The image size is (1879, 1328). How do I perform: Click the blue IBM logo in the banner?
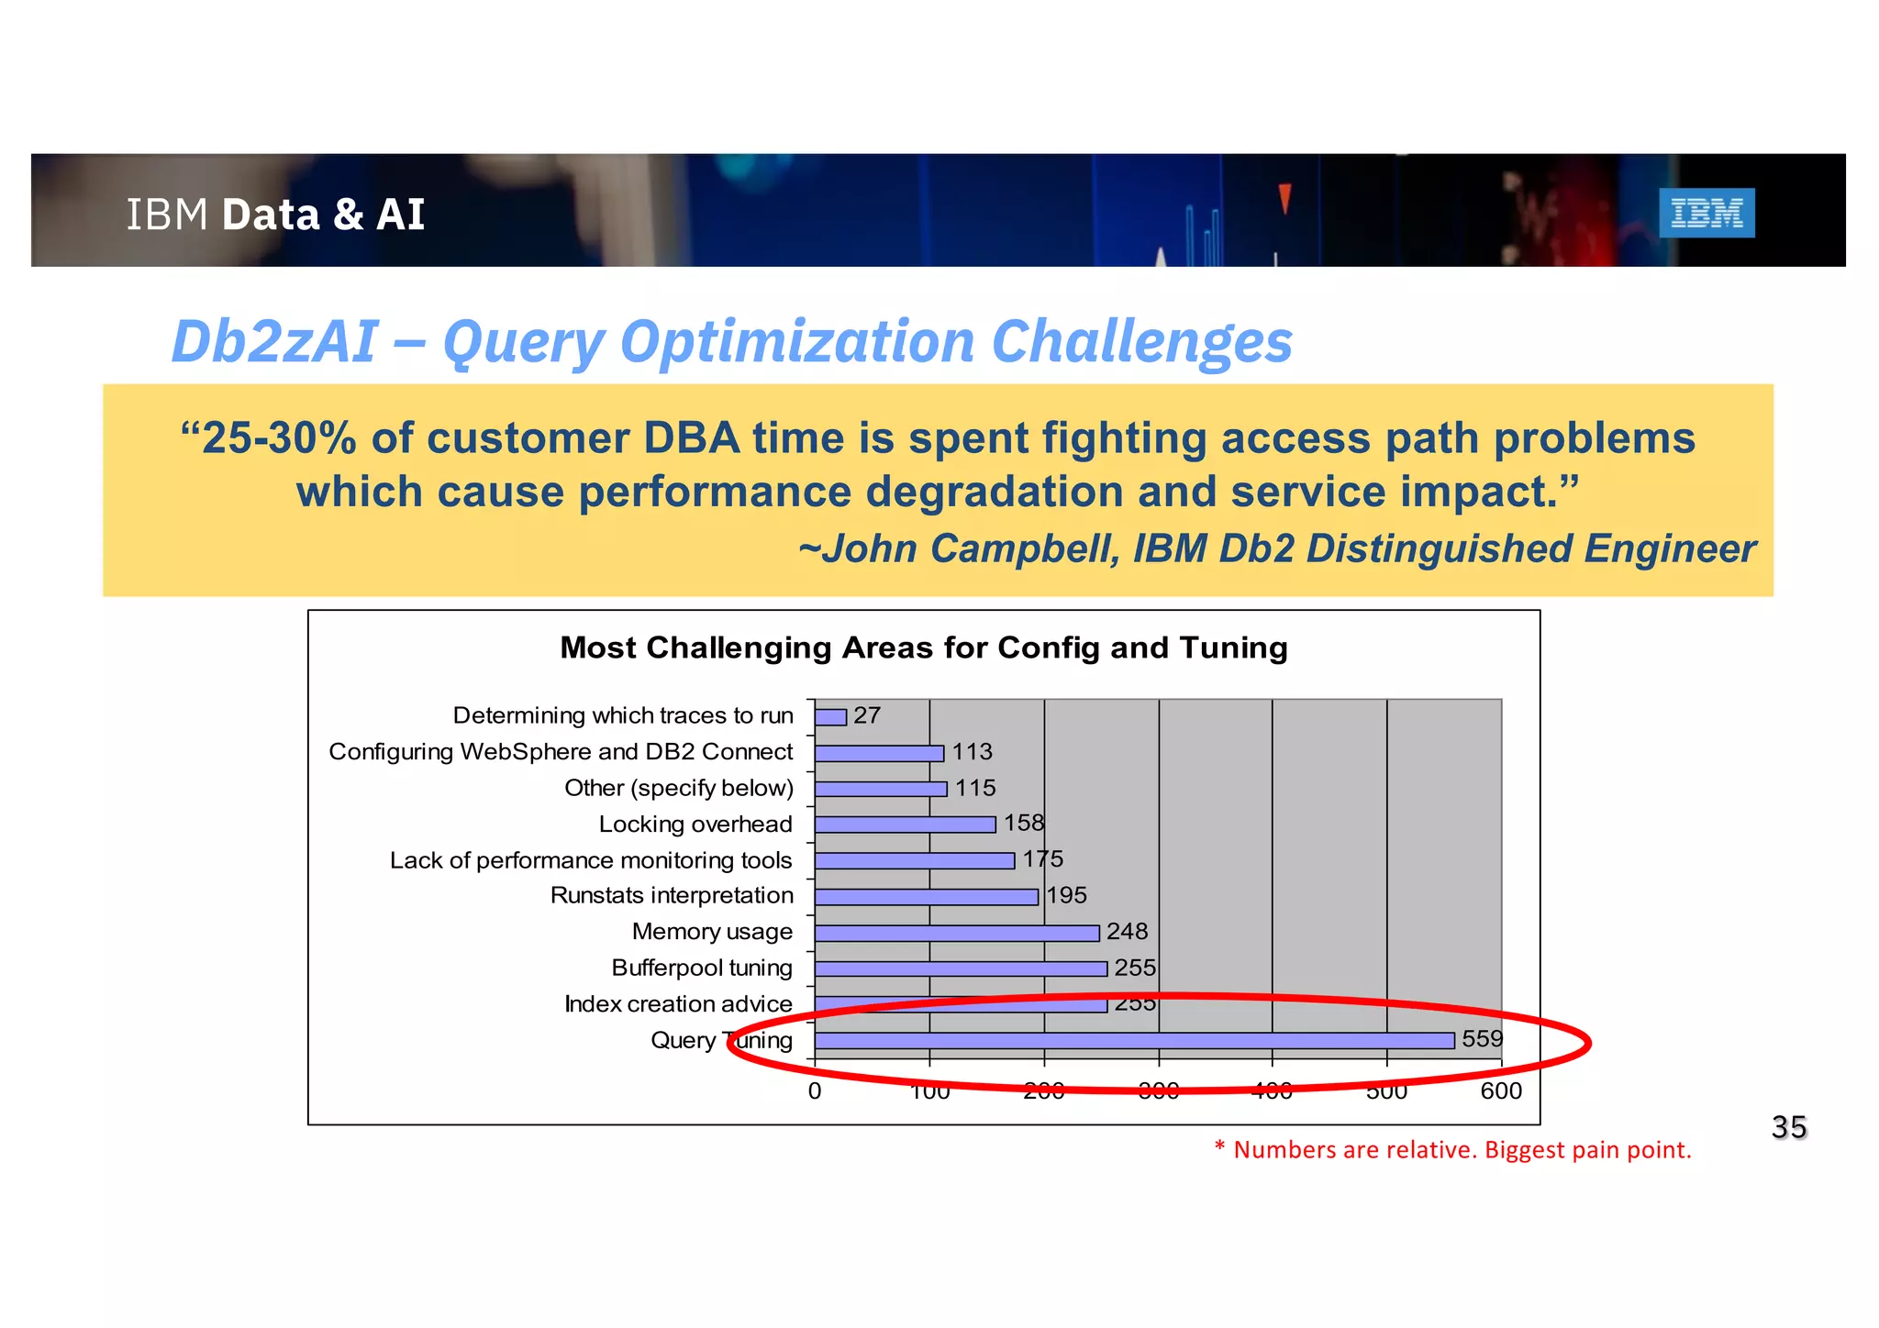[x=1707, y=213]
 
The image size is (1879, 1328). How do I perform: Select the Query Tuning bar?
[x=1134, y=1040]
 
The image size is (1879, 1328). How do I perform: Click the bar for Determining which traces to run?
[x=830, y=716]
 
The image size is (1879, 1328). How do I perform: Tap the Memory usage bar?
[x=957, y=933]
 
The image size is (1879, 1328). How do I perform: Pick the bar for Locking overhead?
[x=905, y=824]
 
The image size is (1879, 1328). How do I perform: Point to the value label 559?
[x=1482, y=1038]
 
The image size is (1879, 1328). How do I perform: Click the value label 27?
[x=867, y=715]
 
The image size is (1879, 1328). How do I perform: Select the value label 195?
[x=1066, y=895]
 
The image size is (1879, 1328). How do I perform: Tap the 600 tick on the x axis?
[x=1501, y=1090]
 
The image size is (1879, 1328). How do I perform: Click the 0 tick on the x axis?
[x=815, y=1090]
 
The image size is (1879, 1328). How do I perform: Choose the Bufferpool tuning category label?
[x=702, y=968]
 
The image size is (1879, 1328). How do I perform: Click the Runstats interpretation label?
[x=672, y=895]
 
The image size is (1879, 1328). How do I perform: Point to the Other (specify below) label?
[x=679, y=788]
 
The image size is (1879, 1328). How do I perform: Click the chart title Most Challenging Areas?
[x=924, y=647]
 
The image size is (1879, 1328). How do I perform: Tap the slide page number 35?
[x=1788, y=1126]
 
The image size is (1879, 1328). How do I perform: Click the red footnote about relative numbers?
[x=1452, y=1150]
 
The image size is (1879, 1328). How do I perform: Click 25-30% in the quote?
[x=279, y=438]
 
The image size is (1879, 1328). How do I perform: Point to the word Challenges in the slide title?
[x=1142, y=341]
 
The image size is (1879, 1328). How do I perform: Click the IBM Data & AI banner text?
[x=275, y=215]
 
